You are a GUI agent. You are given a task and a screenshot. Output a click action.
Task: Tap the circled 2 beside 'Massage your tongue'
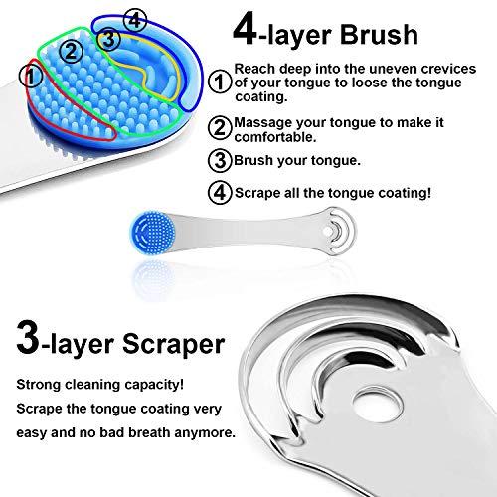point(221,126)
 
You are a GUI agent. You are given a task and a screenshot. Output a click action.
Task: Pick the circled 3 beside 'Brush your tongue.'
point(221,158)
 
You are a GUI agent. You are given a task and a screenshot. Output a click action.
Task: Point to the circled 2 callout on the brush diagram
point(69,46)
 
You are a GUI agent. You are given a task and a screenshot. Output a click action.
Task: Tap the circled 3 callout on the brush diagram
point(111,38)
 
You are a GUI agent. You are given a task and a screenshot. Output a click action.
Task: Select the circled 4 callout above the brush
point(136,19)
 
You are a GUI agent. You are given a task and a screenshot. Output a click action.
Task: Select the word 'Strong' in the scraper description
point(38,383)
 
